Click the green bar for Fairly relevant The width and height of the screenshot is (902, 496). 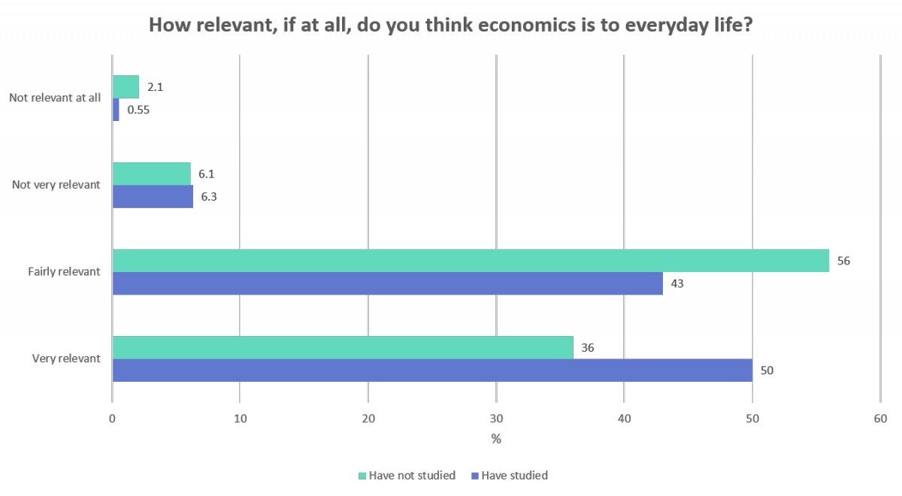(470, 261)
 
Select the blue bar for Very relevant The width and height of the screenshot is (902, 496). (432, 370)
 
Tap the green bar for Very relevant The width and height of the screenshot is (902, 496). (342, 348)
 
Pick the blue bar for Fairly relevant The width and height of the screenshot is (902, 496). (387, 283)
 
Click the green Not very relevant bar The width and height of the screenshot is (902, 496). (151, 174)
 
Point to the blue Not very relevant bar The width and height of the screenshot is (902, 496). (153, 197)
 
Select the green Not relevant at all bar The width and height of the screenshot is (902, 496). (126, 87)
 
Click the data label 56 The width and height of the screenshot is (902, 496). (843, 261)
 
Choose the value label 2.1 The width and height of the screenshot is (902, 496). (156, 87)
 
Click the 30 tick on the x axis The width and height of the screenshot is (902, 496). (496, 419)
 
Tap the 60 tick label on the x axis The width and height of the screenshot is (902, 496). (879, 419)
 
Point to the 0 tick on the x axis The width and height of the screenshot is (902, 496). (112, 419)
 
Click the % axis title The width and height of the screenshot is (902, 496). (496, 439)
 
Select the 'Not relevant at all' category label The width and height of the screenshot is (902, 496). (55, 98)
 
